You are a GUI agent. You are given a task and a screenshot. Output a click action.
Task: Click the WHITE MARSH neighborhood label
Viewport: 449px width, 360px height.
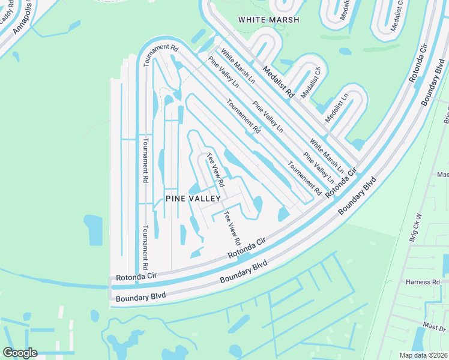pyautogui.click(x=265, y=19)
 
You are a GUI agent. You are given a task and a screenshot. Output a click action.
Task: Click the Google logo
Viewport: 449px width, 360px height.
pyautogui.click(x=20, y=353)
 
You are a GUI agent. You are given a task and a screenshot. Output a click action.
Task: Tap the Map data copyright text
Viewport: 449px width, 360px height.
pyautogui.click(x=424, y=355)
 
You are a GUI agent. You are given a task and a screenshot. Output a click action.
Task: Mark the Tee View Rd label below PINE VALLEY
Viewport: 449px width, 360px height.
pyautogui.click(x=232, y=228)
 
